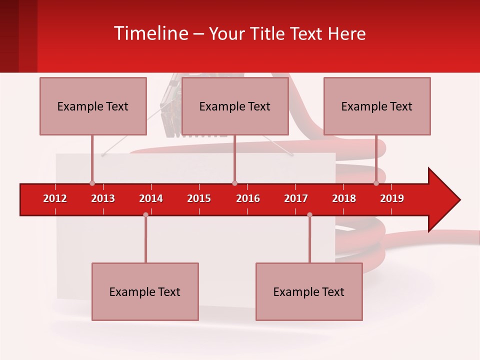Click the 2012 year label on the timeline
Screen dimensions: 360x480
pyautogui.click(x=55, y=198)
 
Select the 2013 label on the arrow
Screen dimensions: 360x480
pyautogui.click(x=103, y=198)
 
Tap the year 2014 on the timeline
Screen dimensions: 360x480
pyautogui.click(x=151, y=198)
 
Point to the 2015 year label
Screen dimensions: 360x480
pyautogui.click(x=199, y=198)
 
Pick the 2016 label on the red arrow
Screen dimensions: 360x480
pyautogui.click(x=248, y=198)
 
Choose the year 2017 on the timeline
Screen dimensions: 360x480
pyautogui.click(x=296, y=198)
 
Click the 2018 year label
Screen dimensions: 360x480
pyautogui.click(x=344, y=198)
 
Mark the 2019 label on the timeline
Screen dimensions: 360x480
pyautogui.click(x=392, y=198)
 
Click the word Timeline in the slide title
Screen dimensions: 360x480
pyautogui.click(x=150, y=33)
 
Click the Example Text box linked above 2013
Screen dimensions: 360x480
pyautogui.click(x=93, y=106)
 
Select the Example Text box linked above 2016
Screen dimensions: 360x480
pyautogui.click(x=235, y=106)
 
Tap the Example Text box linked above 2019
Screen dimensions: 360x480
pyautogui.click(x=377, y=106)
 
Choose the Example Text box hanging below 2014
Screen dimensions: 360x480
pyautogui.click(x=145, y=291)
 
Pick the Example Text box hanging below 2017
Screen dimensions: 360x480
pyautogui.click(x=309, y=291)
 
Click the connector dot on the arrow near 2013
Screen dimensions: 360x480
pyautogui.click(x=92, y=183)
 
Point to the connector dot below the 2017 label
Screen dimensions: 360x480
pyautogui.click(x=309, y=215)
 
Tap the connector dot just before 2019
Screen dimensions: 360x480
pyautogui.click(x=376, y=183)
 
